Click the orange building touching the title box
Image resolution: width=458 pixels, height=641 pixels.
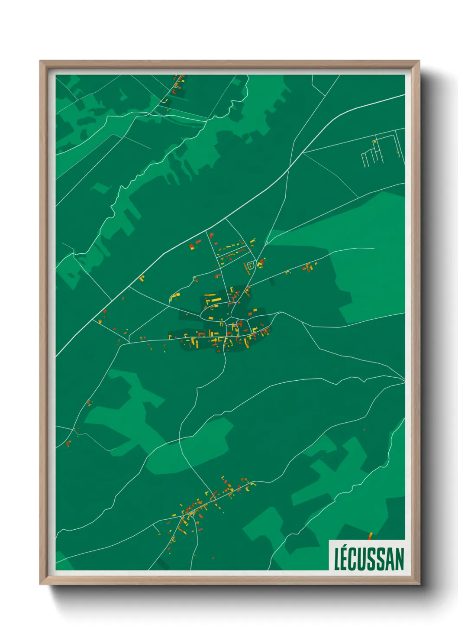point(370,536)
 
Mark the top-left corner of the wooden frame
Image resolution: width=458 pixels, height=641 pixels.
point(40,61)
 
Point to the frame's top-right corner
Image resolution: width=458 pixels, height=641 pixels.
point(419,61)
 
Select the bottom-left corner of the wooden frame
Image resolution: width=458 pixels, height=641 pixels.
point(40,584)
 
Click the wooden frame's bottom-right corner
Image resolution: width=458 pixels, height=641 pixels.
point(419,584)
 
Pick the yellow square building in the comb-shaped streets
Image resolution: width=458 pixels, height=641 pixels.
point(375,141)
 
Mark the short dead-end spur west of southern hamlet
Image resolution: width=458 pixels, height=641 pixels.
point(157,528)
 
